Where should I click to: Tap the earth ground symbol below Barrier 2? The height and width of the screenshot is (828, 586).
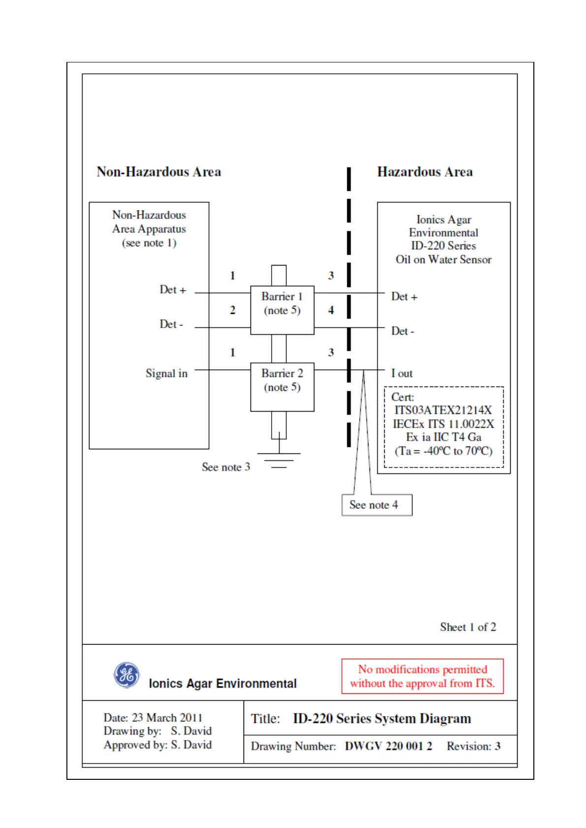point(279,460)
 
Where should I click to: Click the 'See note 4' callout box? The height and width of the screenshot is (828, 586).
point(376,505)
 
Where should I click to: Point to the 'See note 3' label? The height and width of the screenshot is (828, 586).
point(226,467)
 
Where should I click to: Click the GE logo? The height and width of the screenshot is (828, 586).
point(126,675)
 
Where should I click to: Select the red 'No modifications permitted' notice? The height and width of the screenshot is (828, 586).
point(422,676)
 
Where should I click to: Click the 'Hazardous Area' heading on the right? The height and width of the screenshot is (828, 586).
point(425,172)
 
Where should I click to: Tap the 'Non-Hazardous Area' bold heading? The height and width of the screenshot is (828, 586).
point(159,172)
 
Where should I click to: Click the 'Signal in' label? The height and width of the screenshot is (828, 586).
point(166,374)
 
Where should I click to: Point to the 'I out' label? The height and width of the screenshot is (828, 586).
point(402,374)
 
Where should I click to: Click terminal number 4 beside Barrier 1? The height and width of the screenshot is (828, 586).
point(331,310)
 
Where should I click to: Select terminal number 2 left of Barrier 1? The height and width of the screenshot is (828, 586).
point(233,310)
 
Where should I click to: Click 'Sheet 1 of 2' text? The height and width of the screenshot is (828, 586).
point(468,627)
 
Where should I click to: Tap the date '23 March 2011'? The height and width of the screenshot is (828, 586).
point(167,718)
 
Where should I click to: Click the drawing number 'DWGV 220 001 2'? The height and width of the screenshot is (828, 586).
point(388,746)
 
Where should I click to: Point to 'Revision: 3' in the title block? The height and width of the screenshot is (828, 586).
point(473,746)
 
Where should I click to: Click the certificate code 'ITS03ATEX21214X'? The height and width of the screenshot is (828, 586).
point(443,410)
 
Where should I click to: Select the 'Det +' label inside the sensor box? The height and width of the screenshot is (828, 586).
point(404,296)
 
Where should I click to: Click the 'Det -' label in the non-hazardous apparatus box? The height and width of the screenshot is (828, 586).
point(171,324)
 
